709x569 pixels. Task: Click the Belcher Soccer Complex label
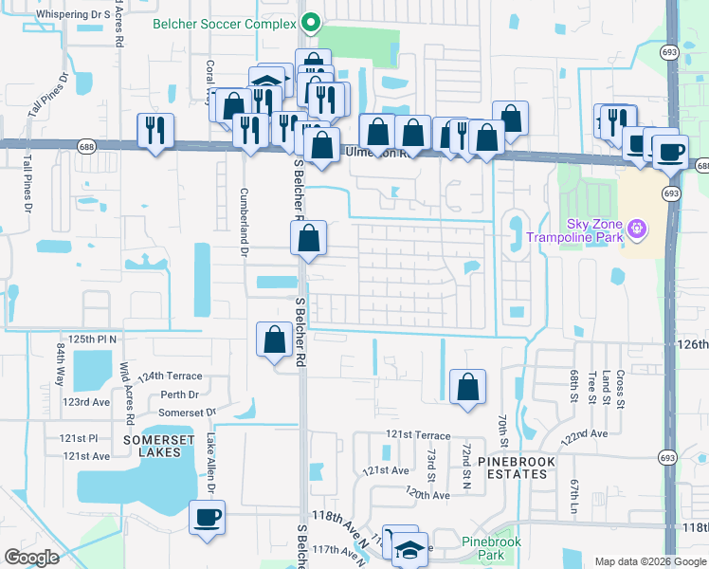point(226,23)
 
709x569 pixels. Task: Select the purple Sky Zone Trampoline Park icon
point(637,229)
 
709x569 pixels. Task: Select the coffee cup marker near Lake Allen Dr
point(207,518)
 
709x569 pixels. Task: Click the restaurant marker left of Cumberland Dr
point(155,131)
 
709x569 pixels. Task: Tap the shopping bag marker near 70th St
point(467,387)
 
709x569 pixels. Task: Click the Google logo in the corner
point(32,558)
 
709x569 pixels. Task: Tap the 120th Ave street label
point(426,494)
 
